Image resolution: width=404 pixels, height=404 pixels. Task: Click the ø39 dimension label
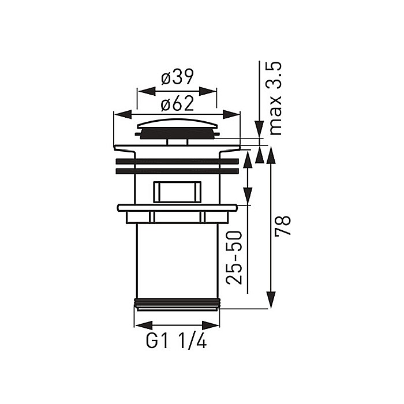point(177,77)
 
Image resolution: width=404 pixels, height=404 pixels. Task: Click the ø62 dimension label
point(177,104)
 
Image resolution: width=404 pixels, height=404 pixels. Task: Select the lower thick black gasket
point(177,171)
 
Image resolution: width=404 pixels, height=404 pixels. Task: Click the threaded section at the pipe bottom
point(177,304)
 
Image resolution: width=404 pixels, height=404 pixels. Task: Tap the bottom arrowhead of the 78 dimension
point(269,302)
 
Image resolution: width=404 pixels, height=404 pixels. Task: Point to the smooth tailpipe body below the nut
point(177,260)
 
